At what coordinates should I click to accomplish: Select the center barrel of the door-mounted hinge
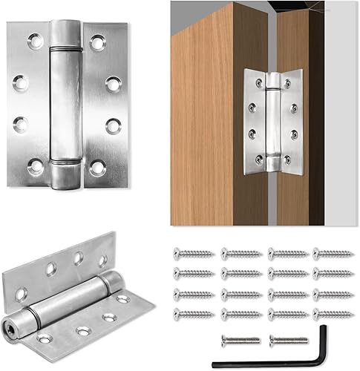(x=272, y=119)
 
